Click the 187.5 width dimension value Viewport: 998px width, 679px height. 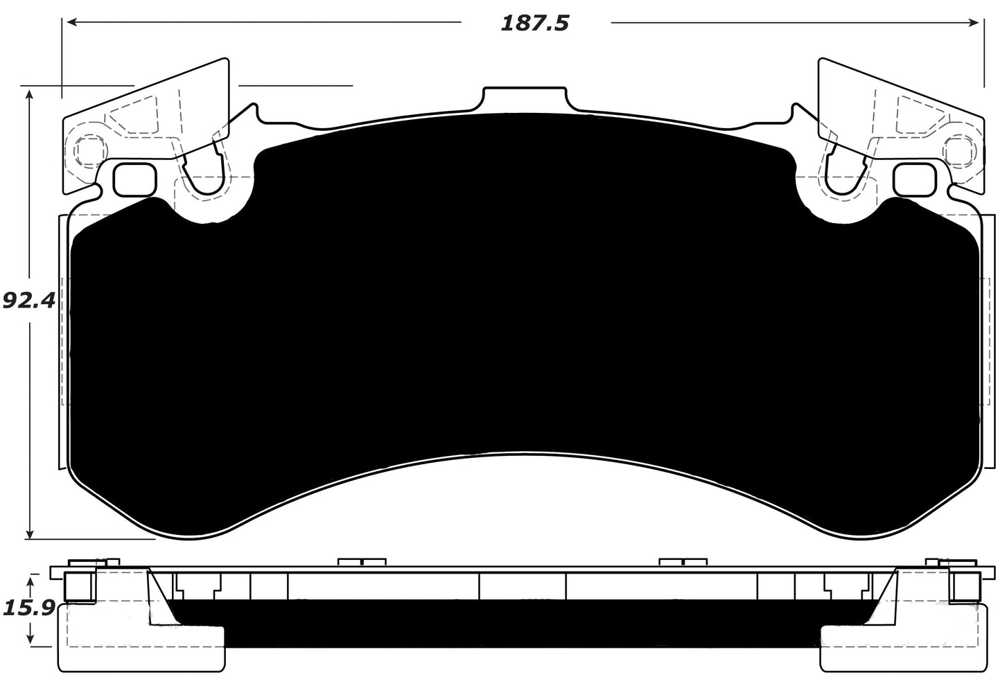[534, 24]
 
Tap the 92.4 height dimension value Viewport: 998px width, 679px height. [28, 301]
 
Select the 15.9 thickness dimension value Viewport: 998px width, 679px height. [28, 608]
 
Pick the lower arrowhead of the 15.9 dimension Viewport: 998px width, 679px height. [30, 639]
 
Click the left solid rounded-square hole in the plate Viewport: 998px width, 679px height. [133, 179]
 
